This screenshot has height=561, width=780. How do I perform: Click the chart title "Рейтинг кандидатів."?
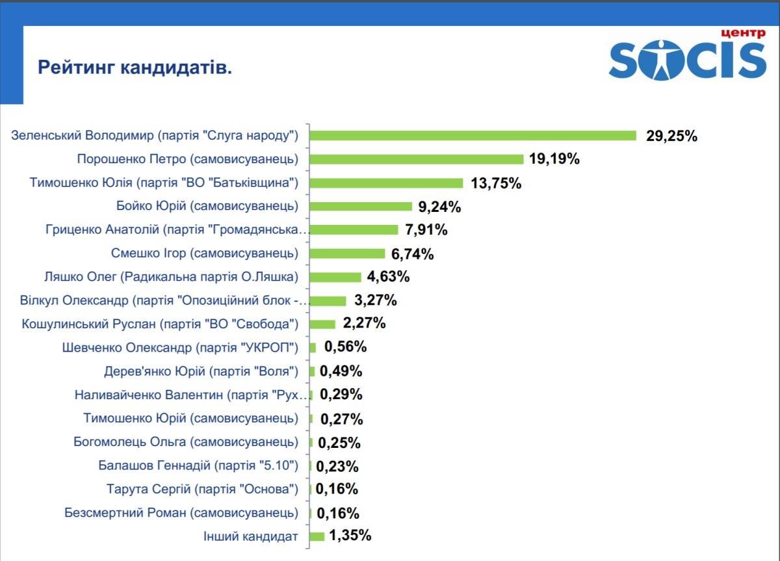135,68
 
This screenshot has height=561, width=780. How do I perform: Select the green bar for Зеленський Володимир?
473,135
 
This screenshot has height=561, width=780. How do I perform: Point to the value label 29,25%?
671,136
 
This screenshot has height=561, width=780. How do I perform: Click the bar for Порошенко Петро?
417,159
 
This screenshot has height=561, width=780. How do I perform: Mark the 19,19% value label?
554,159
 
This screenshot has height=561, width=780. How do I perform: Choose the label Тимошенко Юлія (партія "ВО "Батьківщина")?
164,183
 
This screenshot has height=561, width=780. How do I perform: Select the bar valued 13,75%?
387,183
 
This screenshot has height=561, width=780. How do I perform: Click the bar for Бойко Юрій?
361,206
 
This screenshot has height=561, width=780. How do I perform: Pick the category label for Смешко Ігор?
205,253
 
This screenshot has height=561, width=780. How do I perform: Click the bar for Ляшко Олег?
335,277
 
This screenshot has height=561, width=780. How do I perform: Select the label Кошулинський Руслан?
160,324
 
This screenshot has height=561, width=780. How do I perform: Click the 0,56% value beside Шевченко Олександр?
345,347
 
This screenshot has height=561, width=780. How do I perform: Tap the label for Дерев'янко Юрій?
201,371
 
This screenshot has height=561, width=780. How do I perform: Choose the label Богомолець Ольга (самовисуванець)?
186,442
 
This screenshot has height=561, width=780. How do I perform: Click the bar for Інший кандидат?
317,536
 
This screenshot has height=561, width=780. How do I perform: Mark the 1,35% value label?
350,536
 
